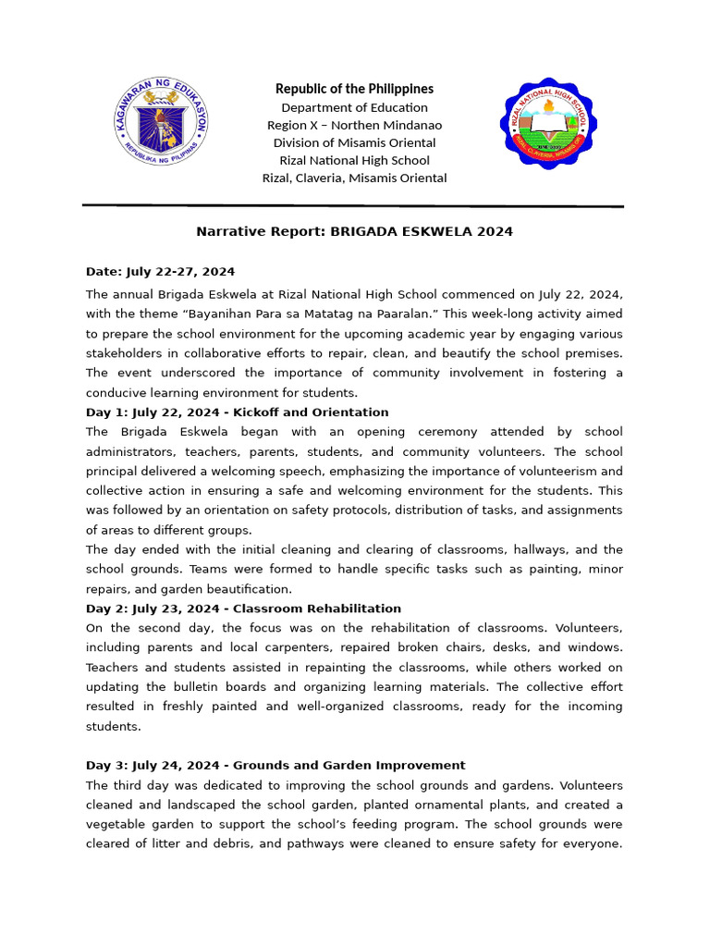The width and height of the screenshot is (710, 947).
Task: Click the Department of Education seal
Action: pyautogui.click(x=163, y=124)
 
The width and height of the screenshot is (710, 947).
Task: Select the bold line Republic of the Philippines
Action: pyautogui.click(x=354, y=89)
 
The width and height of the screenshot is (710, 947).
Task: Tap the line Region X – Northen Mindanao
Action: pyautogui.click(x=354, y=125)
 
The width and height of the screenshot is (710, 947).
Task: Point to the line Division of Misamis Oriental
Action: pyautogui.click(x=354, y=142)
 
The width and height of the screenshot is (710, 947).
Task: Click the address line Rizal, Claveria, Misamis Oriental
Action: pyautogui.click(x=354, y=178)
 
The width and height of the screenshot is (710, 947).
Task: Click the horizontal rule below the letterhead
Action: pyautogui.click(x=353, y=205)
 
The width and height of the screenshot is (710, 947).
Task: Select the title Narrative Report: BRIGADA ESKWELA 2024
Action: pyautogui.click(x=354, y=231)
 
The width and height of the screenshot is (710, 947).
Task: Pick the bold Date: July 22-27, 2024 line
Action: pyautogui.click(x=160, y=272)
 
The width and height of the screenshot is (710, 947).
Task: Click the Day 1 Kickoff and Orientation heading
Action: pyautogui.click(x=237, y=412)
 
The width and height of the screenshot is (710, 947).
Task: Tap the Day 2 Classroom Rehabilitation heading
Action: pyautogui.click(x=243, y=609)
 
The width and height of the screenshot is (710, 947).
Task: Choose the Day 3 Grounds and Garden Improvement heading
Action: pyautogui.click(x=275, y=766)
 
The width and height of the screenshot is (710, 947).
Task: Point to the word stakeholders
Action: pyautogui.click(x=124, y=353)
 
